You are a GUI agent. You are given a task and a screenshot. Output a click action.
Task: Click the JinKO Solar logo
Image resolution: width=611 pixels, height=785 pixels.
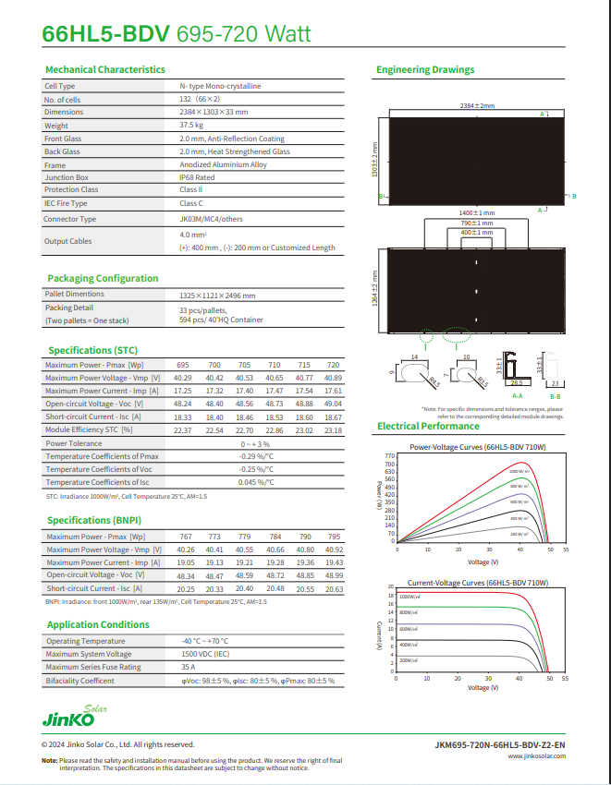[x=74, y=715]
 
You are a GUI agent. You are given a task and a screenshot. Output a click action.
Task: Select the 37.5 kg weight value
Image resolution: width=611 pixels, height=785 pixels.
[x=191, y=125]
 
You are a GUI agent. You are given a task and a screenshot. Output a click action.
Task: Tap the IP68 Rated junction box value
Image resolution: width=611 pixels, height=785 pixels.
[x=197, y=177]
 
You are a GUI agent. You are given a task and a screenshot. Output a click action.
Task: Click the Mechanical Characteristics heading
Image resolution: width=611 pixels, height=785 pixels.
[x=105, y=69]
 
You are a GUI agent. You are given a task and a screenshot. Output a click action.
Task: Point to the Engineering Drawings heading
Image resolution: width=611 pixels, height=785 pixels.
[x=425, y=69]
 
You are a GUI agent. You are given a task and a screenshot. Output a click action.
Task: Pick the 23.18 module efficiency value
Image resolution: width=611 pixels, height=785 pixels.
[x=333, y=430]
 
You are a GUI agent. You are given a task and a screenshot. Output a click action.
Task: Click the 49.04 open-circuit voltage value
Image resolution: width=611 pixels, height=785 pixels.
[x=333, y=405]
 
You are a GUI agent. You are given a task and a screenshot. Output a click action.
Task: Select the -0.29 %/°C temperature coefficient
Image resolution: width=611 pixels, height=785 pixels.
[x=257, y=456]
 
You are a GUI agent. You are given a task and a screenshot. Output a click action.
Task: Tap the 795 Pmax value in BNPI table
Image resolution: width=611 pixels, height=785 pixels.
[x=335, y=537]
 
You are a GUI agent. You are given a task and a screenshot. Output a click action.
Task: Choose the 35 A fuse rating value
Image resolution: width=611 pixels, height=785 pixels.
[x=189, y=667]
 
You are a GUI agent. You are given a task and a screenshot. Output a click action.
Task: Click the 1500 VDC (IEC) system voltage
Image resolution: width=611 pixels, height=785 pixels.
[x=206, y=654]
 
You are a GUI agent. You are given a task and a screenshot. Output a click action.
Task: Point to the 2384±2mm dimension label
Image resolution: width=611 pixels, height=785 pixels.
[x=478, y=106]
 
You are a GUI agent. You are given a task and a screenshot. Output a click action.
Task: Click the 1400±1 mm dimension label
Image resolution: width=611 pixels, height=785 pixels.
[x=477, y=213]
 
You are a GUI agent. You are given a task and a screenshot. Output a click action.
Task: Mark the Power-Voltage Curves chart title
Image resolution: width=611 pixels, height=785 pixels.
[x=478, y=447]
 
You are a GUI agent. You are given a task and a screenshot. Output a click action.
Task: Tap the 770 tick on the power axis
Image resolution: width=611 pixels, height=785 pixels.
[x=390, y=456]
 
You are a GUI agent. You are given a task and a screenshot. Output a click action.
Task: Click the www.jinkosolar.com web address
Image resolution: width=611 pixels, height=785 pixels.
[x=537, y=755]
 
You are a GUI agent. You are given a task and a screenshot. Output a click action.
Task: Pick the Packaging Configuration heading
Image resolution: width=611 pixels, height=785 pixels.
[x=103, y=278]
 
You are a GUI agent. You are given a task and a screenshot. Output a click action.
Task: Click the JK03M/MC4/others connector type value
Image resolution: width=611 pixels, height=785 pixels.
[x=211, y=219]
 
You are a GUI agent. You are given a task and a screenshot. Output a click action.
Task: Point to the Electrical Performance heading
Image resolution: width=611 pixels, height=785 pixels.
[x=428, y=426]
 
